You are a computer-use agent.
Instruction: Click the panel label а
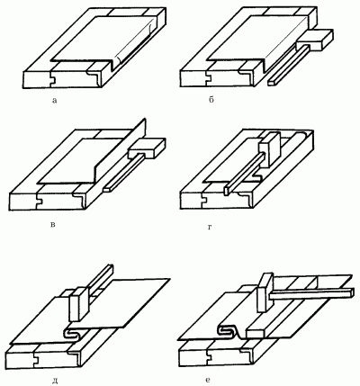(54, 101)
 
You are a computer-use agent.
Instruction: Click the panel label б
(211, 100)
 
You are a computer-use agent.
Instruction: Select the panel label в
(53, 224)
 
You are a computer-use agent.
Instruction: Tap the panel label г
(210, 228)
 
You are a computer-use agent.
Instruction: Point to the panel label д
(55, 382)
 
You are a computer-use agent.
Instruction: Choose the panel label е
(208, 380)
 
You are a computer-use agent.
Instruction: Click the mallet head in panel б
(314, 40)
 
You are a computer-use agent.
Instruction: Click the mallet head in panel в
(147, 148)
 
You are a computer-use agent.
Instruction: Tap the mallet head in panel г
(270, 148)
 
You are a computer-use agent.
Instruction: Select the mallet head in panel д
(79, 303)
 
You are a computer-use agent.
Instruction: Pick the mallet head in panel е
(265, 292)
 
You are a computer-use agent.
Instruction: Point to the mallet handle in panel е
(310, 293)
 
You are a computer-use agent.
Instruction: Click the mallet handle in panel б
(287, 65)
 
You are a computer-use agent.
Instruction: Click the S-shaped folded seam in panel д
(74, 333)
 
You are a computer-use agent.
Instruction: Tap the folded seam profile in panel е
(230, 330)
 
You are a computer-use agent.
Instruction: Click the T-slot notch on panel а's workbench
(53, 78)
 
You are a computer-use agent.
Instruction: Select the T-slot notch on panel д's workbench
(36, 357)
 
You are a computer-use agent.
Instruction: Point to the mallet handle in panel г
(244, 174)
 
